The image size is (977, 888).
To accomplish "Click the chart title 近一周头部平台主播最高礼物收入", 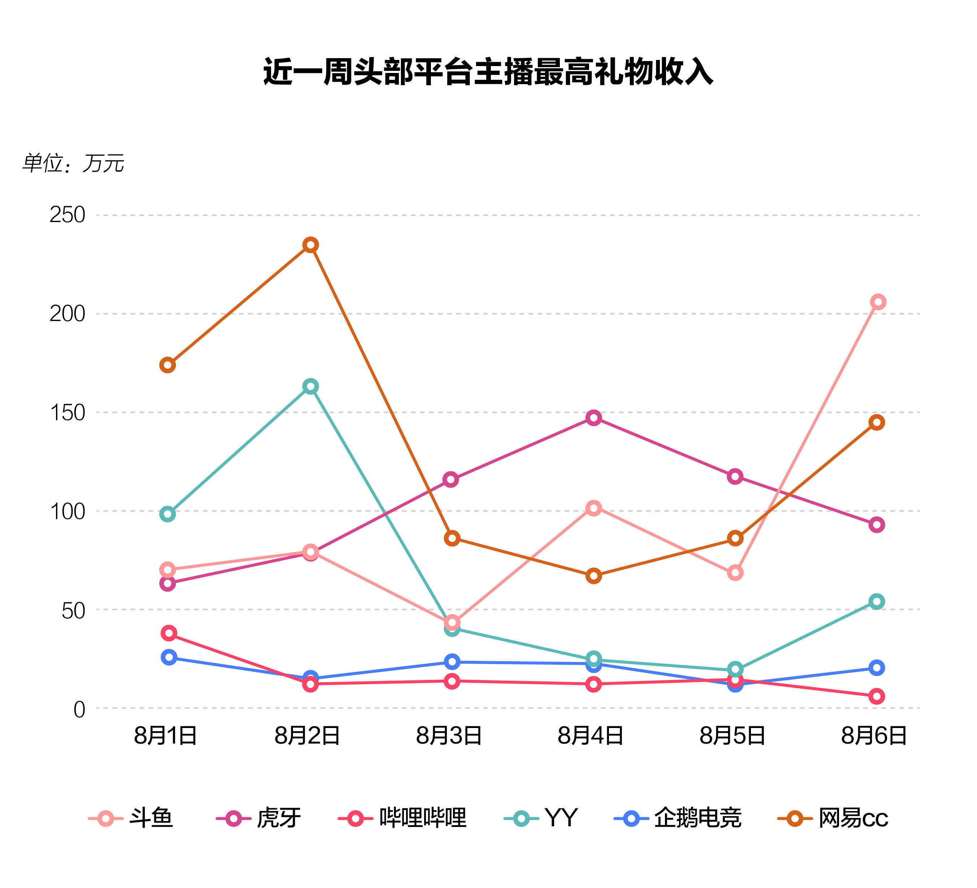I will click(x=488, y=72).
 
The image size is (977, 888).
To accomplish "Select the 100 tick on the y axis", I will click(x=68, y=511).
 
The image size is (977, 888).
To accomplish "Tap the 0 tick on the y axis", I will click(x=79, y=709).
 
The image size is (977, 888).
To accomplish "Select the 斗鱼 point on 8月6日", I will click(x=878, y=302).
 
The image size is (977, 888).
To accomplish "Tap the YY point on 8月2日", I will click(x=311, y=386).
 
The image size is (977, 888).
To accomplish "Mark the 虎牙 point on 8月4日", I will click(x=594, y=418).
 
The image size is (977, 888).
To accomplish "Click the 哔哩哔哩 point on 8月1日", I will click(x=169, y=633).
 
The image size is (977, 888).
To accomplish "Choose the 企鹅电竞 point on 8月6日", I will click(x=876, y=668).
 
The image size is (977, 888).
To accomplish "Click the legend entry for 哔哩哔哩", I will click(x=402, y=819).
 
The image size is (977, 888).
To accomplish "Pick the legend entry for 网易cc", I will click(x=833, y=819).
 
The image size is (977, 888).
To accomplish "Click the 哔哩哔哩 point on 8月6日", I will click(x=876, y=696).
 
